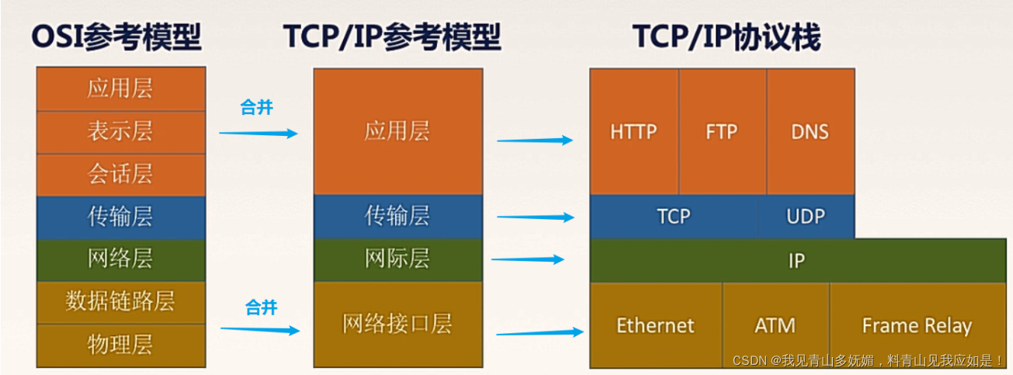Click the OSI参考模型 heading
click(116, 36)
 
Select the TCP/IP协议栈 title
click(726, 36)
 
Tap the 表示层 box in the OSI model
click(121, 131)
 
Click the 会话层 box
click(121, 174)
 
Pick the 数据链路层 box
click(121, 302)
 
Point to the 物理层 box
click(121, 345)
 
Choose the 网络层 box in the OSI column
click(121, 259)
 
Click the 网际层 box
click(397, 259)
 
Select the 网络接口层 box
click(397, 323)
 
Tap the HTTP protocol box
click(633, 131)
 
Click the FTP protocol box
click(722, 131)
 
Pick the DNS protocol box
click(810, 131)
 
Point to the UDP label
click(806, 216)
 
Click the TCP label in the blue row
click(673, 216)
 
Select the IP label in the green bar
click(796, 261)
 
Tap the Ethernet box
click(656, 325)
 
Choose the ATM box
click(775, 325)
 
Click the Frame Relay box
click(917, 325)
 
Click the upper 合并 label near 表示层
click(257, 108)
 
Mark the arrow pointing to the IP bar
click(528, 259)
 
